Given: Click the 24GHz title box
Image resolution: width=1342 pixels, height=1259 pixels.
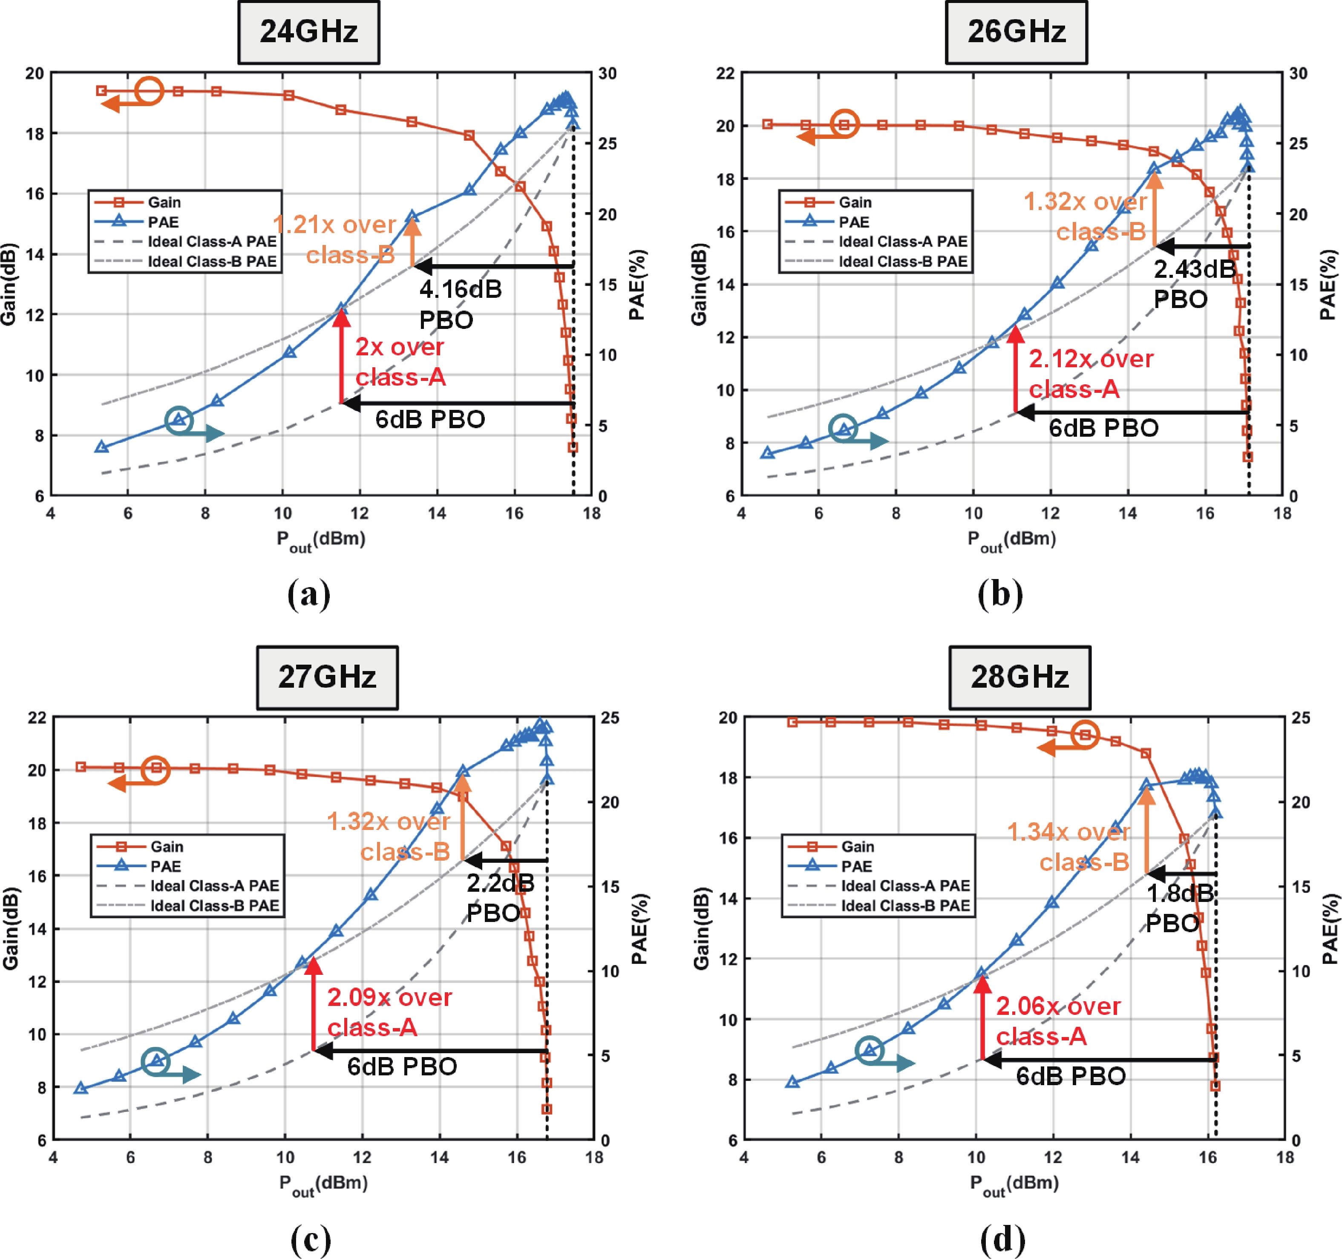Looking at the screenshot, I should [x=308, y=32].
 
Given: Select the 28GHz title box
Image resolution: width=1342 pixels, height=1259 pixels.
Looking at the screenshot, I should [x=1019, y=677].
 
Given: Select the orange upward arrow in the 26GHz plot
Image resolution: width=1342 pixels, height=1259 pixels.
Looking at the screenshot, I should [x=1155, y=209].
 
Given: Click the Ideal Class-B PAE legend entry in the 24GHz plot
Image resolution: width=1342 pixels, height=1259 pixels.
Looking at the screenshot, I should [x=186, y=261].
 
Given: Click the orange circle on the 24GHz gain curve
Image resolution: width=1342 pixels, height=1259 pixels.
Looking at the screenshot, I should [x=149, y=90].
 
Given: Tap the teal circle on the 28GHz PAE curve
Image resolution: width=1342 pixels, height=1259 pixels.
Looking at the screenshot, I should [x=870, y=1050].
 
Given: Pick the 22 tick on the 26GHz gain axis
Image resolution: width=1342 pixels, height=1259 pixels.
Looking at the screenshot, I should [x=725, y=73].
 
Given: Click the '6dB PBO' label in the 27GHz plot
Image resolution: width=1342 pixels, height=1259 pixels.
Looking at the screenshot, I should [x=402, y=1066].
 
